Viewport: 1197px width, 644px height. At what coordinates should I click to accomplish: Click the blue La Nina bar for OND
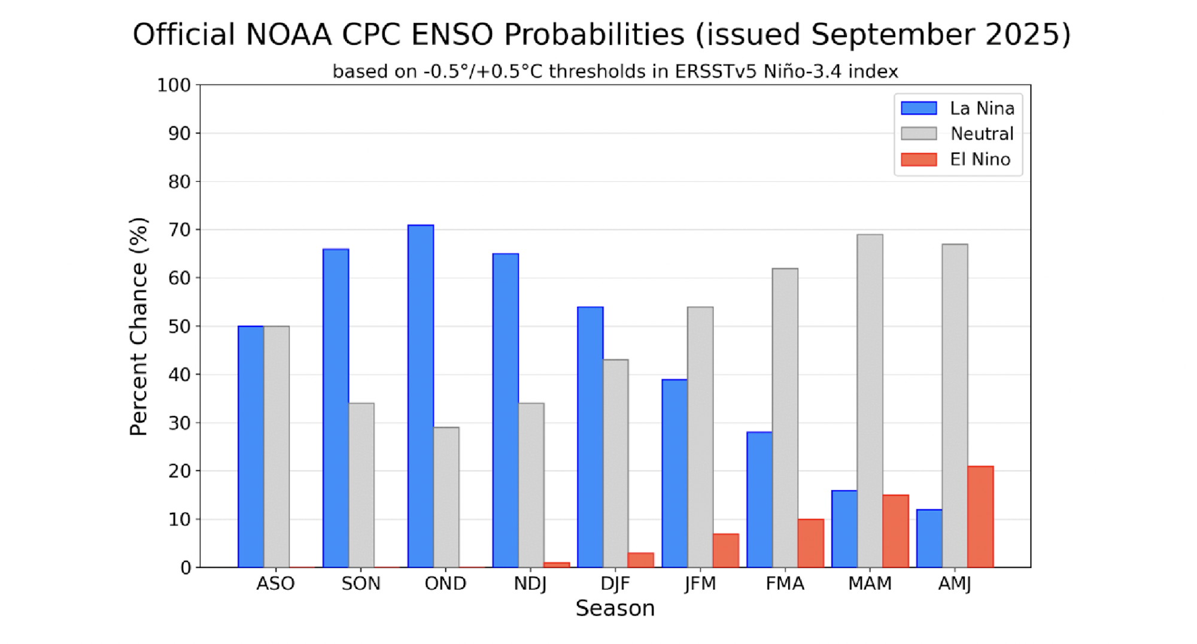421,396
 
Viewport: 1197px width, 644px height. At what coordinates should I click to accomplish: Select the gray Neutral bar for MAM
870,401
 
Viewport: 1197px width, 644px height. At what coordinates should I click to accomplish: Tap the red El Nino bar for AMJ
980,517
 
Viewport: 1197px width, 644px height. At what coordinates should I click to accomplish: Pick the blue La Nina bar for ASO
251,446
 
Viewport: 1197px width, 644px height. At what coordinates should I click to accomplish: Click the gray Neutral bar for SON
361,485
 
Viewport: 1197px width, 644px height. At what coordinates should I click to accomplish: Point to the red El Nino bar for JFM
726,551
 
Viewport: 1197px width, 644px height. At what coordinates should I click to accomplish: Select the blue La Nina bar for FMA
759,500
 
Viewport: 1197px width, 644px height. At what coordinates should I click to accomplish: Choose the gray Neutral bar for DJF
616,464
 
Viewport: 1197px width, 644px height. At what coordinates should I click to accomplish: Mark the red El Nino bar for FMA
811,543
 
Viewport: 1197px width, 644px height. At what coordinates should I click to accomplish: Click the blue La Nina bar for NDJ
506,411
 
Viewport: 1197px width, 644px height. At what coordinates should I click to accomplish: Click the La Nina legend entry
982,108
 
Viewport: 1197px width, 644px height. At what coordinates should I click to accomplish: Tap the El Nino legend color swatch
919,159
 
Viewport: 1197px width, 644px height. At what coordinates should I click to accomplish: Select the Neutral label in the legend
982,133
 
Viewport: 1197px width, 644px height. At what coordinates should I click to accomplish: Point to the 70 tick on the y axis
179,230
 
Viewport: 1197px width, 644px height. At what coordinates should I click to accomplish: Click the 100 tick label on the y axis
174,85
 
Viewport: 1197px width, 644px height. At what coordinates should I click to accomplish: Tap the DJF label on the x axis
615,584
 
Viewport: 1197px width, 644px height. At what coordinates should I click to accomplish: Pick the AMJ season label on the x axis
955,584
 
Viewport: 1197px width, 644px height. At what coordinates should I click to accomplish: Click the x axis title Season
615,609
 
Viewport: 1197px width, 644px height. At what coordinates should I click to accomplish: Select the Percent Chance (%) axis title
138,326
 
